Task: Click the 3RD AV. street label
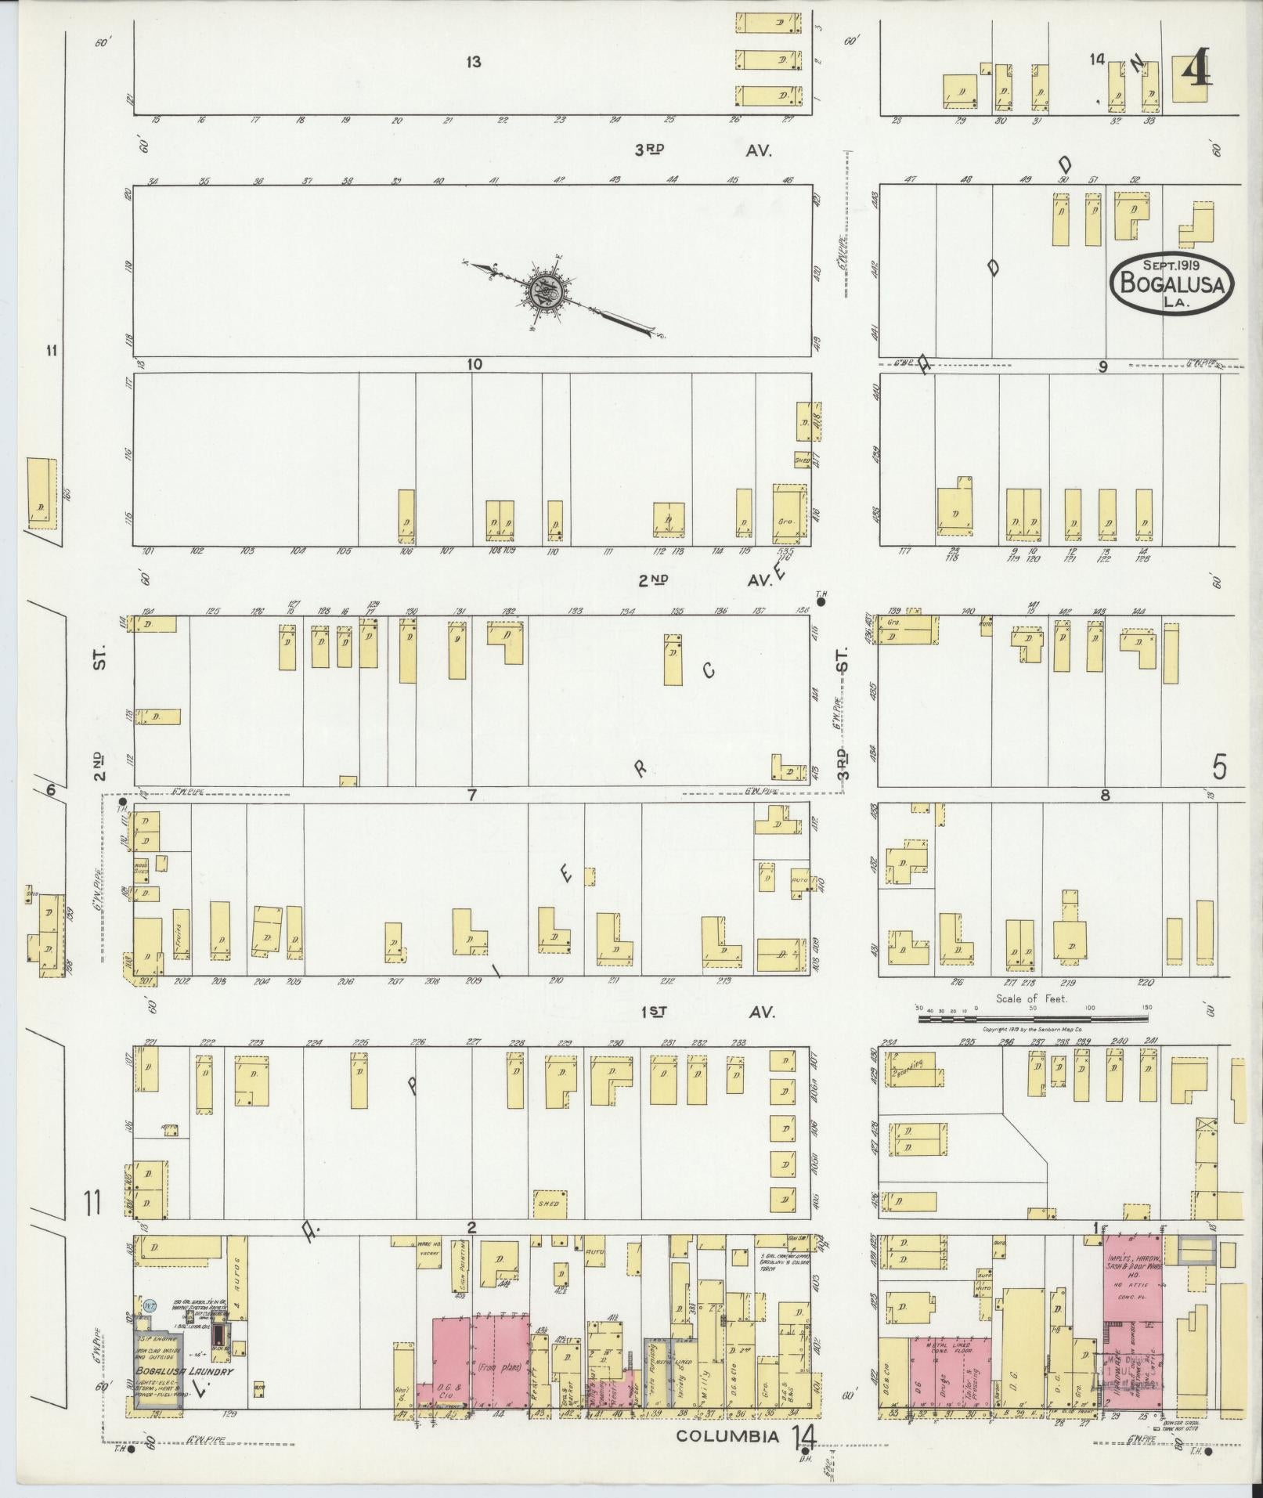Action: coord(702,150)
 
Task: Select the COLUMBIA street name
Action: coord(728,1436)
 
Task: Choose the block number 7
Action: coord(471,796)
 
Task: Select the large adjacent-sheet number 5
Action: coord(1219,768)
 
